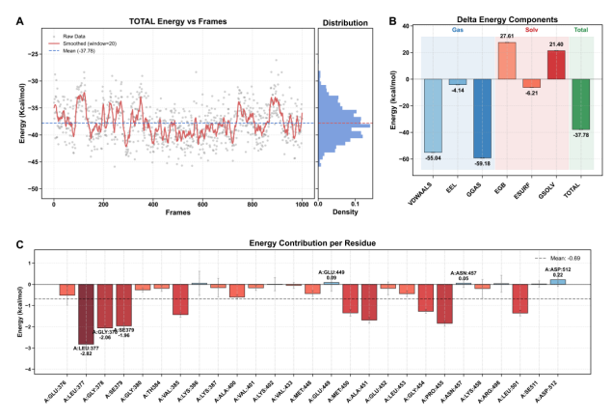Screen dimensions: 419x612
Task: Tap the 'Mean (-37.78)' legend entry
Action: pyautogui.click(x=89, y=49)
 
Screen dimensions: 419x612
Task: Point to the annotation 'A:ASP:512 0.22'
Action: pyautogui.click(x=557, y=273)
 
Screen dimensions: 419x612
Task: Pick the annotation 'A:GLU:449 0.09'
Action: pyautogui.click(x=331, y=275)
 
